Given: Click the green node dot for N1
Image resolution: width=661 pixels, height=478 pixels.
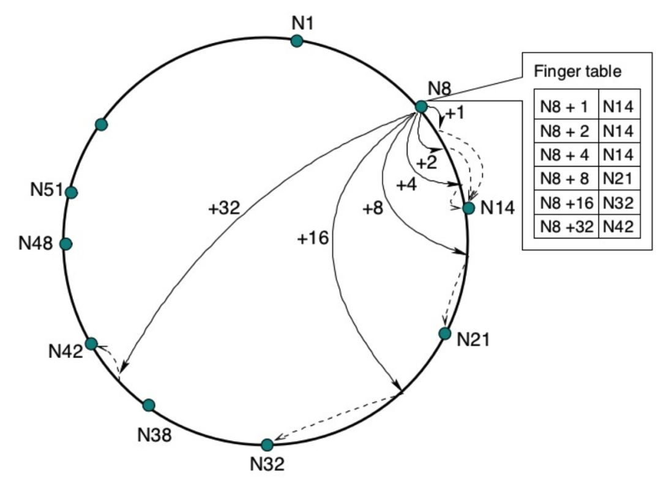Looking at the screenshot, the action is [x=297, y=41].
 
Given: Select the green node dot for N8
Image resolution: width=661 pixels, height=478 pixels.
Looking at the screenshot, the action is [x=421, y=107].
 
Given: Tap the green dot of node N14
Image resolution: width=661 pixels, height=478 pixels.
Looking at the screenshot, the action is [x=469, y=208].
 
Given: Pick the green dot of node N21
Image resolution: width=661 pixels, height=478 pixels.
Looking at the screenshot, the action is [x=445, y=333].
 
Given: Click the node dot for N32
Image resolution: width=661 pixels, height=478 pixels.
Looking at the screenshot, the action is [x=267, y=444].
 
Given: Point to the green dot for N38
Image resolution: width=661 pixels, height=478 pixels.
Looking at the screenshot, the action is [x=148, y=405].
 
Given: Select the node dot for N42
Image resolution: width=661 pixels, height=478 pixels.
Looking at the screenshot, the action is [x=91, y=344].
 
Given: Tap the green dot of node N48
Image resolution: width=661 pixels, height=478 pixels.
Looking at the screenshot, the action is [x=66, y=244].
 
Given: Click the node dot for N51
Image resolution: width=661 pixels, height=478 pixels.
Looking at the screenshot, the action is [x=71, y=192].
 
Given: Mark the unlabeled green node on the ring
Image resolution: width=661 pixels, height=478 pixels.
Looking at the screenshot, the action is [x=102, y=124].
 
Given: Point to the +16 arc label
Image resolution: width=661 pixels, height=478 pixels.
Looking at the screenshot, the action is [x=313, y=238].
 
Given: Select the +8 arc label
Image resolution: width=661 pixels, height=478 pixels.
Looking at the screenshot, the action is [x=373, y=208].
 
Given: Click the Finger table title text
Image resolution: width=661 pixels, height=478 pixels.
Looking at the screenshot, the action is [x=578, y=72].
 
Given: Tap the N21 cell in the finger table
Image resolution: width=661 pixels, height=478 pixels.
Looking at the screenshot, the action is [x=619, y=179].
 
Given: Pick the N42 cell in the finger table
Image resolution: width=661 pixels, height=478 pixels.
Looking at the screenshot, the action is [x=619, y=227].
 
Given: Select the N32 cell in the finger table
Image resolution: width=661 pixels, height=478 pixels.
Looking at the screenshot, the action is [x=619, y=203].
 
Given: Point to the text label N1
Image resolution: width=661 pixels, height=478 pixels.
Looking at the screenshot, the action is [x=302, y=23].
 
